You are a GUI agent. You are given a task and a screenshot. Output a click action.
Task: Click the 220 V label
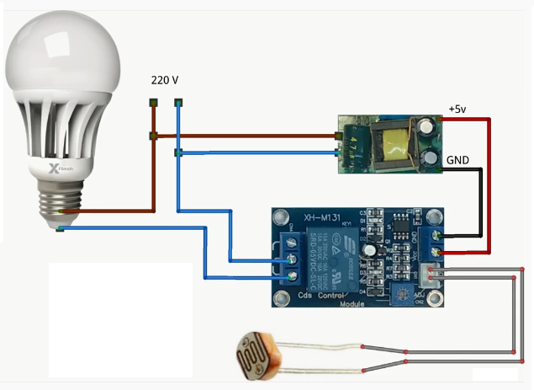(x=165, y=80)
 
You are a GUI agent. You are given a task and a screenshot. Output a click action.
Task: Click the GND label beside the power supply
(x=457, y=159)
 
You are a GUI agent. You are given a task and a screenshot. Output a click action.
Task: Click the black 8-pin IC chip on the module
(x=403, y=231)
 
